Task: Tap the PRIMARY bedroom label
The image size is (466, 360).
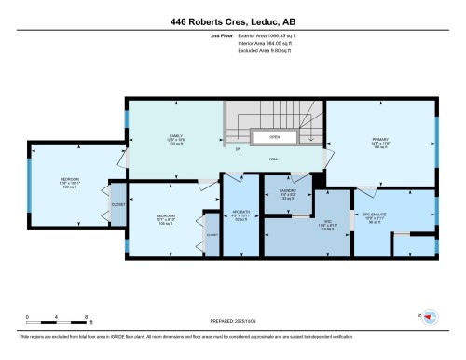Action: [x=379, y=142]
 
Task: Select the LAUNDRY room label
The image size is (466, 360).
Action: [x=287, y=194]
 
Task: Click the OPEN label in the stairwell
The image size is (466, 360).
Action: [x=275, y=137]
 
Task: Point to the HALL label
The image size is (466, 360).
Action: [x=275, y=159]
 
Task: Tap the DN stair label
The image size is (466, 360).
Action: [x=238, y=149]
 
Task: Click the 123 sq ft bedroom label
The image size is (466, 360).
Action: [x=70, y=183]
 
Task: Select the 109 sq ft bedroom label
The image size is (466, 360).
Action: [x=165, y=220]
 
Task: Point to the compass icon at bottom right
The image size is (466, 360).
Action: [x=430, y=317]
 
